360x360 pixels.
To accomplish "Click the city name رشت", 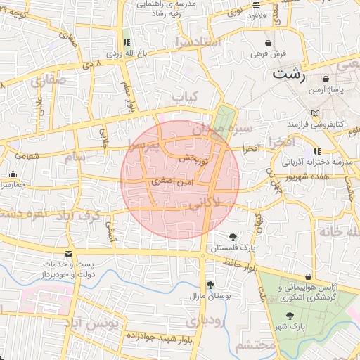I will click(x=290, y=72).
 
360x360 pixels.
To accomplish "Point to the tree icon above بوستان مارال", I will click(x=210, y=285).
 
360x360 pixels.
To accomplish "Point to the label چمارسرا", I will click(x=14, y=185).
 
